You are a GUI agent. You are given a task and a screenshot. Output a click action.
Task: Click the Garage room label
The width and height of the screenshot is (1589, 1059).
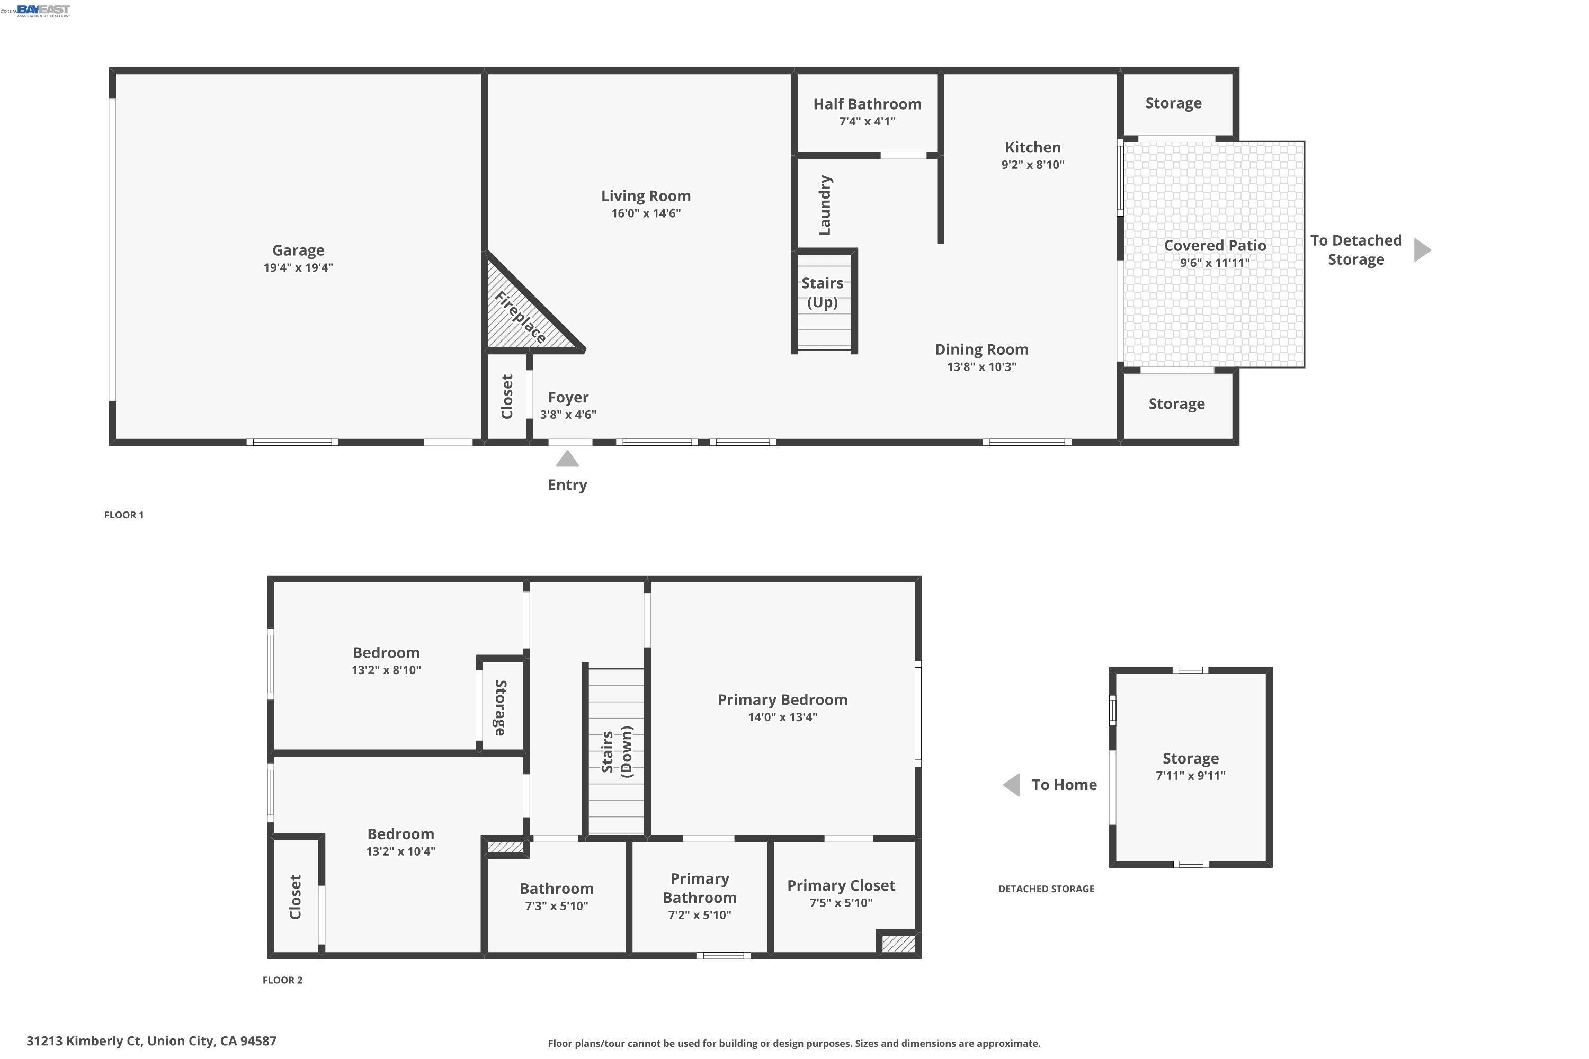point(298,250)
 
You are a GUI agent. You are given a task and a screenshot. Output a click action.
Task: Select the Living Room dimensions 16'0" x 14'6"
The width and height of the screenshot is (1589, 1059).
point(646,213)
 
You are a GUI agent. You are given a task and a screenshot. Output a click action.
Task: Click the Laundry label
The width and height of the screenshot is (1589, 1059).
point(825,205)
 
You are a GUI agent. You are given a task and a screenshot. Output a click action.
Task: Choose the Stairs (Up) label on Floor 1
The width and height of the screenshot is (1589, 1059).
point(822,292)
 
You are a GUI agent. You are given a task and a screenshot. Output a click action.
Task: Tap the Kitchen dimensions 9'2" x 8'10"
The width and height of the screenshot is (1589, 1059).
point(1032,165)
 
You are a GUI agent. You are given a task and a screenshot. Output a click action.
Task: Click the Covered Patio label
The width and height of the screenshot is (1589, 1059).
point(1214,245)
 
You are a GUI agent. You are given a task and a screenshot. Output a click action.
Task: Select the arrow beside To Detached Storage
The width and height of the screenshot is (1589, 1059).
point(1422,250)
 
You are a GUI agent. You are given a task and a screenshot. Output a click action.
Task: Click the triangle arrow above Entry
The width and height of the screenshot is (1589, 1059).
point(567,459)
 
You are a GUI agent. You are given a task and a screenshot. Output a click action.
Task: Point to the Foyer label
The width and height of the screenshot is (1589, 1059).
point(568,397)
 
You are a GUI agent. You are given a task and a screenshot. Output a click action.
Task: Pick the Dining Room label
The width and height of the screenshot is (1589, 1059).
point(981,349)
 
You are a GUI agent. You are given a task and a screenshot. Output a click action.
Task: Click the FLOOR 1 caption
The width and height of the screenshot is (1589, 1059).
point(123,515)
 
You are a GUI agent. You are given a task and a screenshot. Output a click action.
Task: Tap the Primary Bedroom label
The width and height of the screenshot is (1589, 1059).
point(782,699)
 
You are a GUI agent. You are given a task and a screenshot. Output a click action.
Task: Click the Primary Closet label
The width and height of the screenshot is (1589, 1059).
point(841,885)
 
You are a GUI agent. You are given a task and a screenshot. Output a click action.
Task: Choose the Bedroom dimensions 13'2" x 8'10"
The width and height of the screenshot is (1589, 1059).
point(386,670)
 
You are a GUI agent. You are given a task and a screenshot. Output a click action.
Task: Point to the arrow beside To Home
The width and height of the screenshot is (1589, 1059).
point(1011,785)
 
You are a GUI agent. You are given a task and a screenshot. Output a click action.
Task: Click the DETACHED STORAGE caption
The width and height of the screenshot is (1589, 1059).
point(1046,889)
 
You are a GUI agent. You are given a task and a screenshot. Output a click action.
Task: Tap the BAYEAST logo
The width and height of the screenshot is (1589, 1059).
point(43,10)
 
